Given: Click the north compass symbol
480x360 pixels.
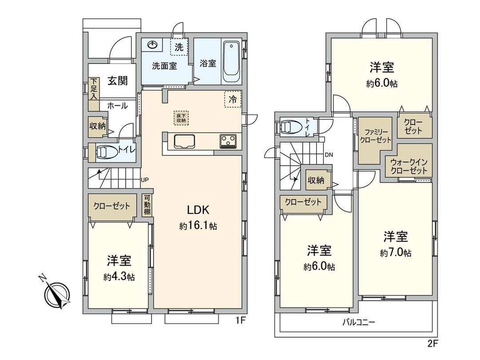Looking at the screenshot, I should pyautogui.click(x=57, y=294).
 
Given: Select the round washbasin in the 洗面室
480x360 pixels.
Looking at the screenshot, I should pyautogui.click(x=152, y=45).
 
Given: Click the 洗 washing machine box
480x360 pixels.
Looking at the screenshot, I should pyautogui.click(x=179, y=48).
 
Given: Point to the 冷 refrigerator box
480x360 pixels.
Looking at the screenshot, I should pyautogui.click(x=232, y=100).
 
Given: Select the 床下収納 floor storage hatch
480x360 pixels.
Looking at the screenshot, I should pyautogui.click(x=180, y=118).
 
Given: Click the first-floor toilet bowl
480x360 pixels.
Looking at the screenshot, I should pyautogui.click(x=105, y=152).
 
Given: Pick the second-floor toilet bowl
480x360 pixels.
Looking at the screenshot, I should pyautogui.click(x=292, y=127).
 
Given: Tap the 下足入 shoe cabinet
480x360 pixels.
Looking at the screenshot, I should pyautogui.click(x=94, y=89).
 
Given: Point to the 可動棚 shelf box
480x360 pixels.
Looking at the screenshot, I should pyautogui.click(x=147, y=205).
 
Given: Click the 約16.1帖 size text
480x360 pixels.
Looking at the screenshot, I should pyautogui.click(x=198, y=226).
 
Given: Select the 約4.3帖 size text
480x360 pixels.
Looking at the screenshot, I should pyautogui.click(x=119, y=276).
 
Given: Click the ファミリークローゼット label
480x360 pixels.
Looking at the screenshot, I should pyautogui.click(x=376, y=136).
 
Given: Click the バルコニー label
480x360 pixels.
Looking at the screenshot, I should pyautogui.click(x=358, y=322).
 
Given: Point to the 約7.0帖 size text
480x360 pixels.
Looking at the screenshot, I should pyautogui.click(x=396, y=253).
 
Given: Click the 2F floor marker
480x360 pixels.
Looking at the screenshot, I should pyautogui.click(x=433, y=344).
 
